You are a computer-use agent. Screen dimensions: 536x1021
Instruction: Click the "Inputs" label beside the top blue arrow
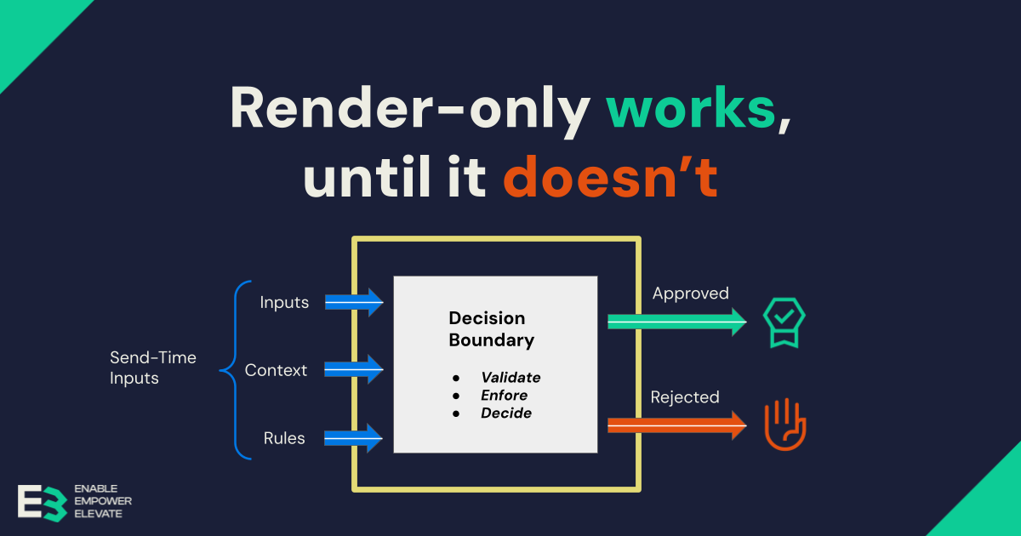point(284,302)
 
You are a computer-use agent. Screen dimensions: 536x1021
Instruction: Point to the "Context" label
point(276,370)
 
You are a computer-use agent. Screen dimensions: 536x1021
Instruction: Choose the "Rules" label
point(284,439)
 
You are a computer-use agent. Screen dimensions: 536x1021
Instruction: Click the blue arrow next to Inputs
point(354,302)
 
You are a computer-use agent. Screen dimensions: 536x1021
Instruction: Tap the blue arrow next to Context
point(354,370)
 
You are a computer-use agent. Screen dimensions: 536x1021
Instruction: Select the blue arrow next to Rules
point(354,439)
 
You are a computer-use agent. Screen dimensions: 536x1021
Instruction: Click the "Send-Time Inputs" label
point(153,368)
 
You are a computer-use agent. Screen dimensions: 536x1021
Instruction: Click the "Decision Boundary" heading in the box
point(492,329)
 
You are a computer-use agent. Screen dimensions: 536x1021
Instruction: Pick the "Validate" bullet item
point(510,378)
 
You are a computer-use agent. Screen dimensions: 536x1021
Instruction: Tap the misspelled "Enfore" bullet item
point(505,396)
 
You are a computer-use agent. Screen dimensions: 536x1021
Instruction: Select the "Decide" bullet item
point(506,413)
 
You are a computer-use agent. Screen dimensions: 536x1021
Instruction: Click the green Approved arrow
point(676,321)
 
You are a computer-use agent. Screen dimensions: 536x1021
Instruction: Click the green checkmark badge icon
point(784,322)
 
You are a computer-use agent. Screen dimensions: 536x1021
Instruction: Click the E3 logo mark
point(42,502)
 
